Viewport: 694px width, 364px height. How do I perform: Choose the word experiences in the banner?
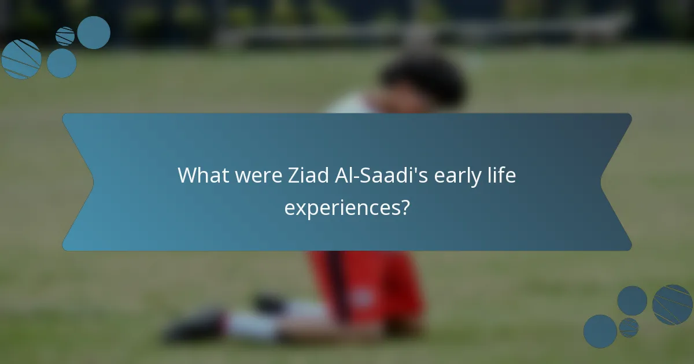(341, 207)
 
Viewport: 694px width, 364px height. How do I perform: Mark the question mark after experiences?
(404, 207)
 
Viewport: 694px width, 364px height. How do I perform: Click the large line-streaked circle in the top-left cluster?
(21, 59)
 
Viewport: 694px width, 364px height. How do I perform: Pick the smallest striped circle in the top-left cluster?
(65, 36)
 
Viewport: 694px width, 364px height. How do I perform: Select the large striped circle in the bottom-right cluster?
(672, 304)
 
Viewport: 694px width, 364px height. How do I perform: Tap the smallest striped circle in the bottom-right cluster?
(629, 327)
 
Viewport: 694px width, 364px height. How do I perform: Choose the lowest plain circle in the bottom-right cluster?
(600, 331)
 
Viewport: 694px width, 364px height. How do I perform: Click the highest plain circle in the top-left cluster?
(94, 32)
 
